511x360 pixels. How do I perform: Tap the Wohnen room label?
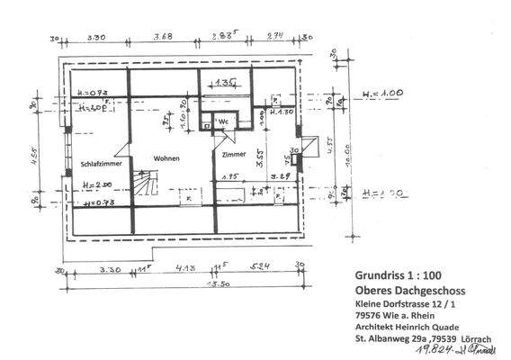[x=166, y=158]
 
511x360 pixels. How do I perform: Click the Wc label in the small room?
[x=223, y=121]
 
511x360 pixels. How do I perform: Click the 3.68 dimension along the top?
[x=163, y=37]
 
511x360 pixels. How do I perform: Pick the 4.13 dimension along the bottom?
[x=186, y=267]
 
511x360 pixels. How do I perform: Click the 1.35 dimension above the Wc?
[x=226, y=82]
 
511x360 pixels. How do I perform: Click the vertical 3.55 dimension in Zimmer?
[x=261, y=158]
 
